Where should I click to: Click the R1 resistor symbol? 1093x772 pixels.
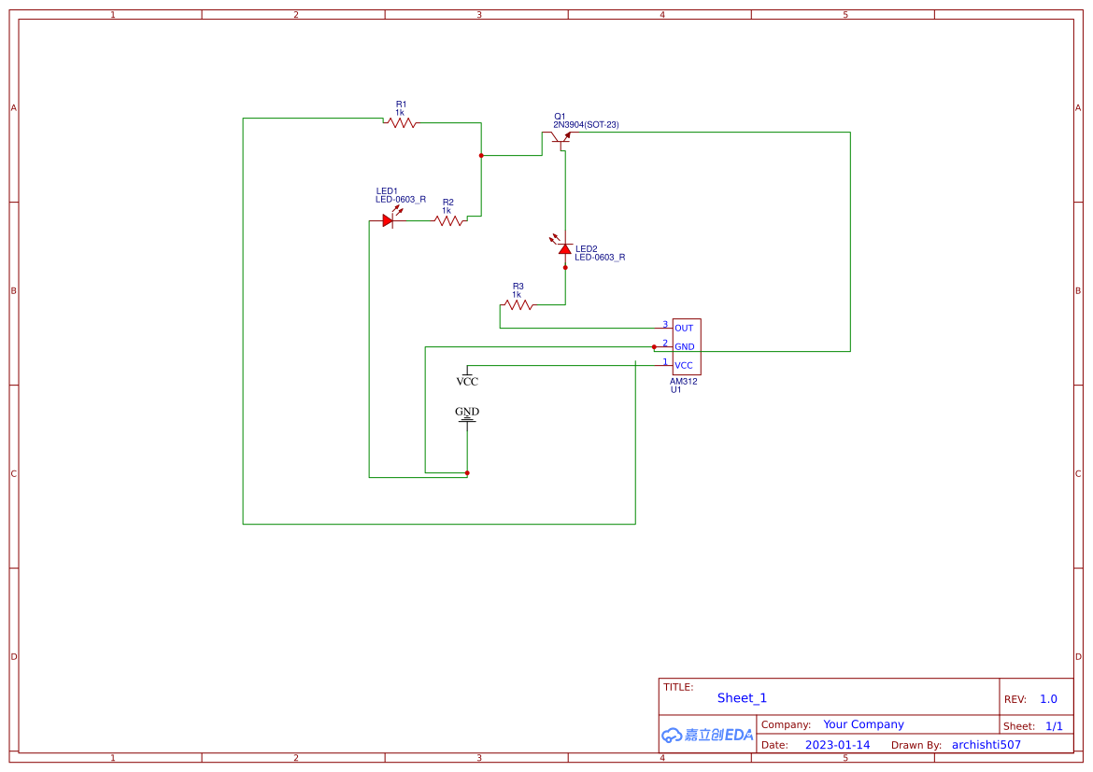click(401, 122)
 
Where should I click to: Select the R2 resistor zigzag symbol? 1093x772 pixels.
click(448, 221)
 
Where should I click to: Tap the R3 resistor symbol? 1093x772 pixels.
click(518, 304)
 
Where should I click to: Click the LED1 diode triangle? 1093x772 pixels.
click(388, 221)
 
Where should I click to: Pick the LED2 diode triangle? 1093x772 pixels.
click(565, 249)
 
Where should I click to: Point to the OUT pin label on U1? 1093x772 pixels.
click(684, 329)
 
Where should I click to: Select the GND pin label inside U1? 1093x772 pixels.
click(684, 347)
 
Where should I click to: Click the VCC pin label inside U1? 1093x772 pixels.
click(684, 366)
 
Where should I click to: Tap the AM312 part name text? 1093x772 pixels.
click(684, 381)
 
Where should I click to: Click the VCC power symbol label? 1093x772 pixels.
click(467, 382)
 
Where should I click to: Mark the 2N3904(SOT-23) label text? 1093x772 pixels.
click(586, 125)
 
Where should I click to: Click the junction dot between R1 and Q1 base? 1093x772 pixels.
click(481, 155)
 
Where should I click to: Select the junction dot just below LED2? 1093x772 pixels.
click(565, 267)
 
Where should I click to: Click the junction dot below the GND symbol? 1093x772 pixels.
click(467, 473)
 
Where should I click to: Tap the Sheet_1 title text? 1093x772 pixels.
click(742, 698)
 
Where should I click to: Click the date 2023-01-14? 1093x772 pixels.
click(837, 745)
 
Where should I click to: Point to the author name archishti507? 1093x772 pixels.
click(986, 745)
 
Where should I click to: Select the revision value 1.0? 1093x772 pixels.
click(1048, 699)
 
